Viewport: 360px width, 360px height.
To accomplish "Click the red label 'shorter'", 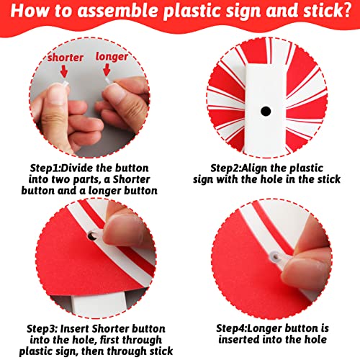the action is (x=66, y=58).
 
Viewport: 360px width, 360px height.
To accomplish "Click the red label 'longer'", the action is (x=112, y=57).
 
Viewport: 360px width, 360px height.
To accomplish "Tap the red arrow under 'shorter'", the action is (x=64, y=71).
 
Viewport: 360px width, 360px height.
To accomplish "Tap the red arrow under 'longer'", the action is (x=107, y=70).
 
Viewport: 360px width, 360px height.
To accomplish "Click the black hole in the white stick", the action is (x=266, y=111).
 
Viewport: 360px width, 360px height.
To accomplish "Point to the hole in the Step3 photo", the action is (x=92, y=235).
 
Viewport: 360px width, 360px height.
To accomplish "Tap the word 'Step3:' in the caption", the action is (x=42, y=328).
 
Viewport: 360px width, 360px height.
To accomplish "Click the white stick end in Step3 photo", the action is (x=99, y=305).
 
